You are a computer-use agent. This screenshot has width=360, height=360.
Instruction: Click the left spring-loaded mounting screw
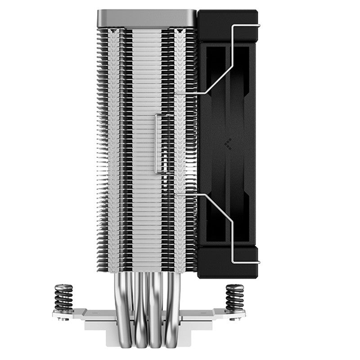coord(63,298)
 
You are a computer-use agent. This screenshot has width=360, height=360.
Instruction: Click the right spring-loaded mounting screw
coord(235,298)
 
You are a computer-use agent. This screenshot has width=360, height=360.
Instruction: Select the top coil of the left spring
coord(63,287)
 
